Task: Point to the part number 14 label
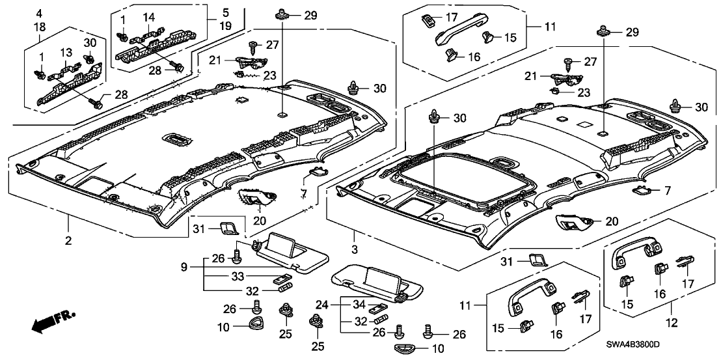[x=149, y=16]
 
